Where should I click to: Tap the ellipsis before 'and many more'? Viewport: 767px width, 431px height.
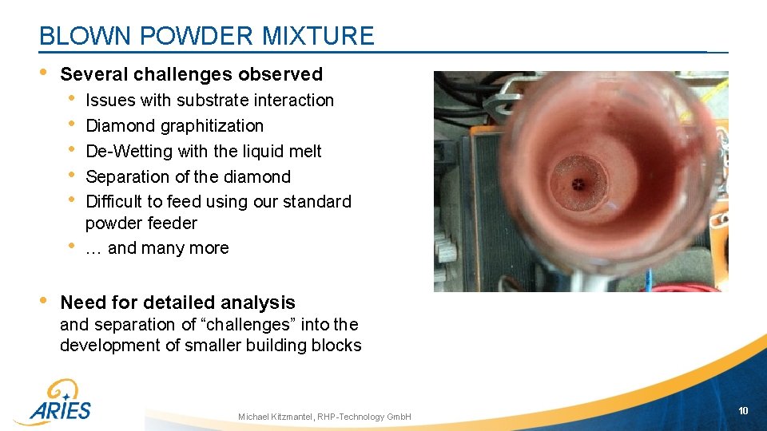pos(93,248)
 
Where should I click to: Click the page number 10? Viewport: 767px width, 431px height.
pos(743,410)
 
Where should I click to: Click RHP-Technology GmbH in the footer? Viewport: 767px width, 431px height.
pos(364,417)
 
